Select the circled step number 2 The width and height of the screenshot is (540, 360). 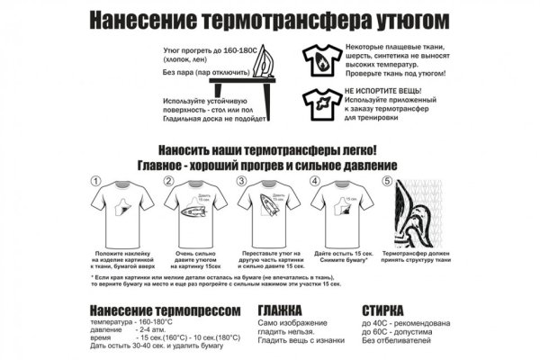pos(167,180)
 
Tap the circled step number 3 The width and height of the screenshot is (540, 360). pos(241,180)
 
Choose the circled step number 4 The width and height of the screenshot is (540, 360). pos(314,180)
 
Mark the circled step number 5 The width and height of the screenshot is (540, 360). pos(387,180)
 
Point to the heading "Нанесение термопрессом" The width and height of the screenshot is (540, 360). pos(166,310)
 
